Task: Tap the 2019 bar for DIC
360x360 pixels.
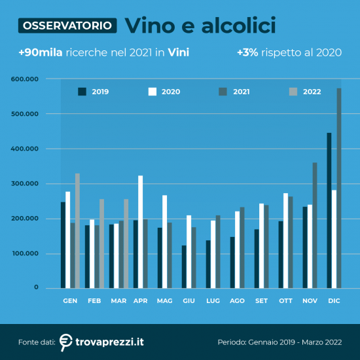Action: [x=329, y=210]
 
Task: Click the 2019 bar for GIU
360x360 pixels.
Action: [x=184, y=266]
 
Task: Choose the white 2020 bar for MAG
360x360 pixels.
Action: [x=164, y=242]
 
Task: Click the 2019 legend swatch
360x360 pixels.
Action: [x=82, y=92]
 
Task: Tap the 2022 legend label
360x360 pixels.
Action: [x=312, y=92]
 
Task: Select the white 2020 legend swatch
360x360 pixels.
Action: [x=153, y=92]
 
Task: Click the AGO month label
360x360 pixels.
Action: [x=236, y=300]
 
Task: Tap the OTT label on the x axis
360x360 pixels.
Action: [x=285, y=300]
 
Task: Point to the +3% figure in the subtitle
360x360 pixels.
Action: [x=247, y=52]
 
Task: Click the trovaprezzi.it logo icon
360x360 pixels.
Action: [x=65, y=342]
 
